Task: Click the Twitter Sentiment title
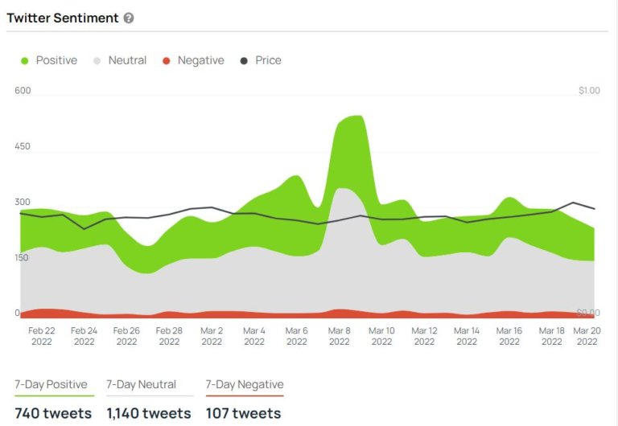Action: (62, 18)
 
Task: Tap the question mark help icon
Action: (129, 18)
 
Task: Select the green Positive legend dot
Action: (24, 61)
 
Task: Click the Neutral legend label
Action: (127, 60)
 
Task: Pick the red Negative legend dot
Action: (167, 61)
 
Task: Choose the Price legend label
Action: (269, 60)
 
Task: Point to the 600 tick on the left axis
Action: (23, 91)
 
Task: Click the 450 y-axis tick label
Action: (23, 146)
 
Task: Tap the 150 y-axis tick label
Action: (22, 257)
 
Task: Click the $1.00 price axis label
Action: (589, 91)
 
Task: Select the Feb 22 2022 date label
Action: (41, 336)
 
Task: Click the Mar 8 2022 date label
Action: (339, 336)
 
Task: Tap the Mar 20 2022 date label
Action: (587, 336)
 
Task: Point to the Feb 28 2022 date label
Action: (169, 336)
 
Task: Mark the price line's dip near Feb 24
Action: (84, 229)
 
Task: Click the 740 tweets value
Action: (53, 413)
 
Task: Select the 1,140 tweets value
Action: (149, 413)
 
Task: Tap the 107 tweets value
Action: (243, 413)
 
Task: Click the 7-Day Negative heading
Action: (245, 384)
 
